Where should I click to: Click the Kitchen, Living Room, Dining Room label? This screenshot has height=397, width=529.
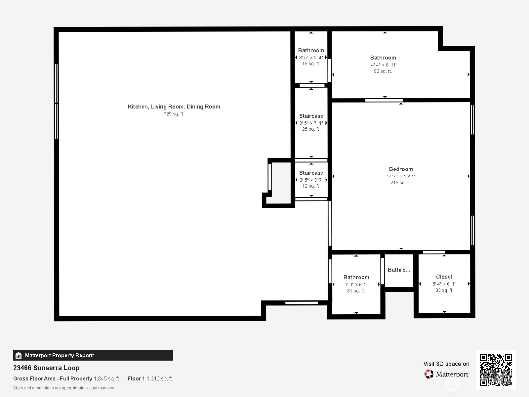click(x=174, y=107)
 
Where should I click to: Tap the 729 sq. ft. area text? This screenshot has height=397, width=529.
click(x=174, y=114)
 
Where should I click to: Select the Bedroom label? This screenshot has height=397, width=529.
click(x=401, y=169)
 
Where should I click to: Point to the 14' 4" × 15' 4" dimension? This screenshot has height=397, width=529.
click(x=401, y=176)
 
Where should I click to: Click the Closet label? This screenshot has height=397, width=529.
click(x=444, y=277)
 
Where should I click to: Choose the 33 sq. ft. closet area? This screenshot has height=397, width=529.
click(x=444, y=290)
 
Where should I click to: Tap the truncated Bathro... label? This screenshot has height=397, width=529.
click(x=399, y=270)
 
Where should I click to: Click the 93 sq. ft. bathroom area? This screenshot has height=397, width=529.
click(x=383, y=71)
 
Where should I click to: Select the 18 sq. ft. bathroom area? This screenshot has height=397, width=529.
click(x=311, y=64)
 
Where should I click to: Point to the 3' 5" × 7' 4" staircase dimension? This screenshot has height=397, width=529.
click(x=311, y=123)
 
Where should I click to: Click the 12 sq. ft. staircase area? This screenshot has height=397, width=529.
click(x=311, y=186)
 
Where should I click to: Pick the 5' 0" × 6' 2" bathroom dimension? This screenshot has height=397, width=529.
click(x=356, y=285)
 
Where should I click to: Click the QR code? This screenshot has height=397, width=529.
click(x=496, y=370)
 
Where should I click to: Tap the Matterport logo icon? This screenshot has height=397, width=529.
click(x=429, y=374)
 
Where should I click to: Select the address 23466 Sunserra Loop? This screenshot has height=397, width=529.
click(x=46, y=368)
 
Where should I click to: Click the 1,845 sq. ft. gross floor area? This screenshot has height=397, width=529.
click(x=107, y=378)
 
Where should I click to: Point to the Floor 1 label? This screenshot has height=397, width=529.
click(x=136, y=378)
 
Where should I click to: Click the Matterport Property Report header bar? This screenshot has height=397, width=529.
click(x=93, y=355)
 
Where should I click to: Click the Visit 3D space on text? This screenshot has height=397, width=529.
click(x=446, y=364)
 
